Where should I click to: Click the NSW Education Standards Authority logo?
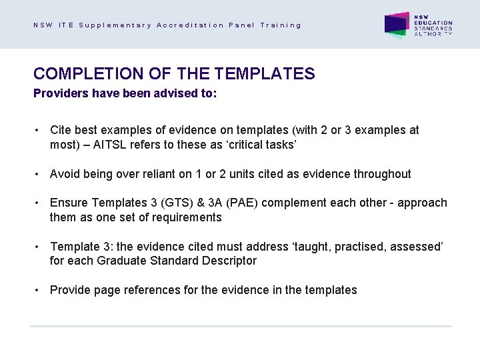418,25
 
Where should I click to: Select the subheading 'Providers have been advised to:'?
125,94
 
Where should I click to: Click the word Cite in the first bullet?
61,131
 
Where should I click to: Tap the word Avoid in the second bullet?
65,174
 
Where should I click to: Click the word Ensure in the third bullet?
69,203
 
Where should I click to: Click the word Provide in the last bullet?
70,290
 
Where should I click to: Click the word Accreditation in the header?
190,25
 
